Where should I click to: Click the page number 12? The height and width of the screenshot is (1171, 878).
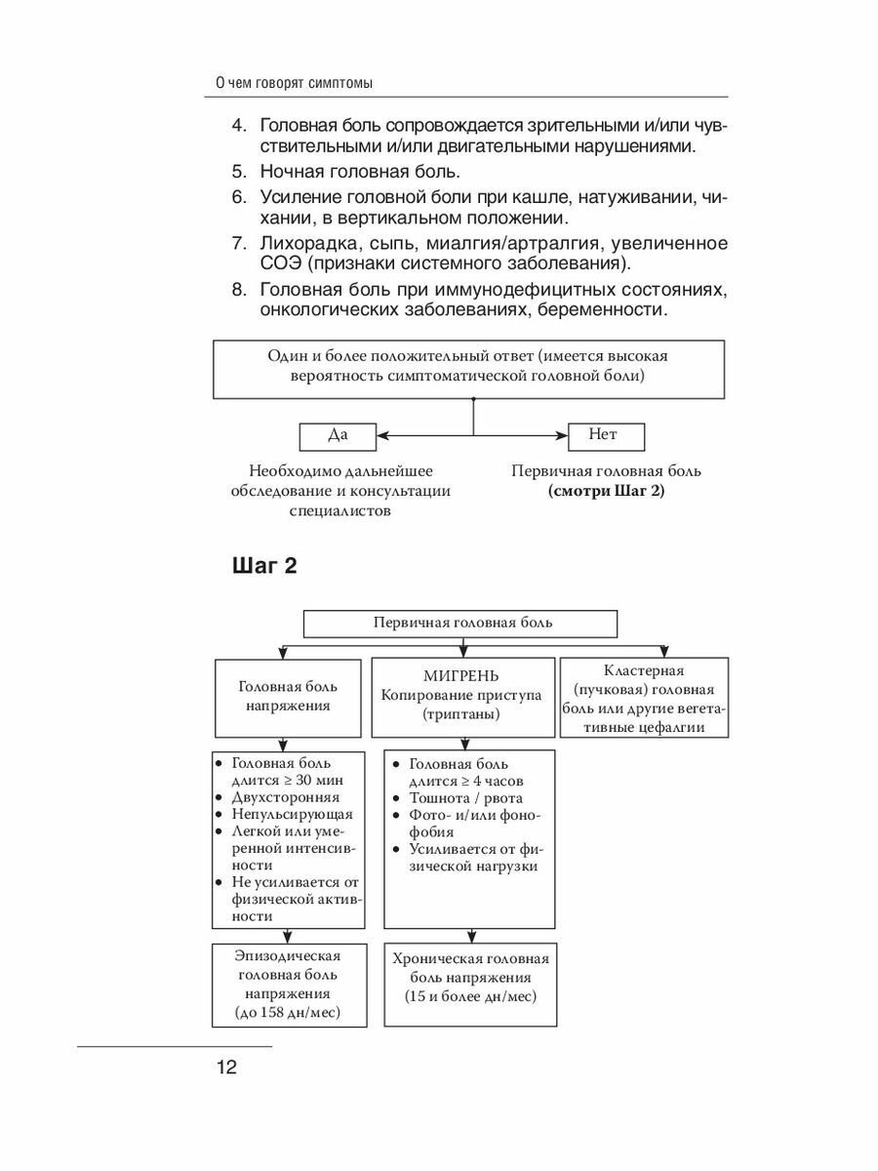click(225, 1066)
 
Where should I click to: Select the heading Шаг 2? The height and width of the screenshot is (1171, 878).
click(263, 567)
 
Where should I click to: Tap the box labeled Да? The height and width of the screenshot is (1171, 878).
click(338, 434)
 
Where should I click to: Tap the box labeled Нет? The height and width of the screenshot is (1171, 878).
click(605, 434)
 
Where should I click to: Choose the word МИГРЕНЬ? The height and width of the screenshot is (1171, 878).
click(461, 675)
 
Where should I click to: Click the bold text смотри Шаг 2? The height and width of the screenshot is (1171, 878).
click(606, 491)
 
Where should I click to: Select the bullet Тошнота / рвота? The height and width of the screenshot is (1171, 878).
click(466, 798)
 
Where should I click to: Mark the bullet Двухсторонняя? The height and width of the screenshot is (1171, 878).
click(278, 797)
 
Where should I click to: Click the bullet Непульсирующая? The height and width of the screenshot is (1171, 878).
click(284, 814)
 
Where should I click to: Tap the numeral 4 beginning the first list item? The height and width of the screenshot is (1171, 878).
click(236, 127)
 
